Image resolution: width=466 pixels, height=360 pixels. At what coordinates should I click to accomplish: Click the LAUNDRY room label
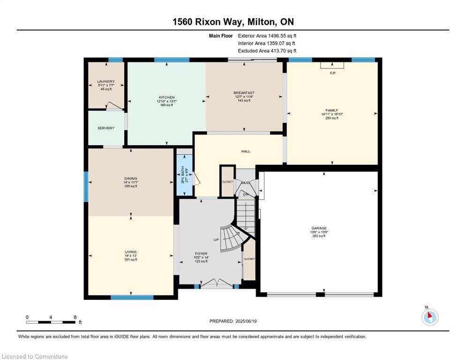click(106, 82)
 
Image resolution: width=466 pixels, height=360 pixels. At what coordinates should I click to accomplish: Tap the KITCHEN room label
click(166, 97)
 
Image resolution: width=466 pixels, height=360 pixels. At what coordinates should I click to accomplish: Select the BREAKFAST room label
click(244, 93)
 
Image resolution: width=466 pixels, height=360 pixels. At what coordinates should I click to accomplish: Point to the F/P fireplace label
click(332, 73)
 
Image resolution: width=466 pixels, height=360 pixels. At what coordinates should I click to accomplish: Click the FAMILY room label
click(332, 110)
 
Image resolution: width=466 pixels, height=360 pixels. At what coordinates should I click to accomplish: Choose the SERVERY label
click(106, 128)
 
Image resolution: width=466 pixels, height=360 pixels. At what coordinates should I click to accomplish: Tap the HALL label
click(246, 151)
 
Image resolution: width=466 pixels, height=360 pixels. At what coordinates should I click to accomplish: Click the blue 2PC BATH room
click(185, 174)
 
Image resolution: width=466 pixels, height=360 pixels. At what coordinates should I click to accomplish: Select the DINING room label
click(131, 178)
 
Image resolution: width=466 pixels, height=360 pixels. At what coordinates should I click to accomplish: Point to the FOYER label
click(201, 254)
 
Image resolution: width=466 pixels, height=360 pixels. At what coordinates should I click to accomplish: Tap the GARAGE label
click(319, 228)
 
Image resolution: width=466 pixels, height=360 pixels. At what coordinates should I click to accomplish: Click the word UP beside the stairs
click(216, 240)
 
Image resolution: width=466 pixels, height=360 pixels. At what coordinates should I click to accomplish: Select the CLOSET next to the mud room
click(227, 182)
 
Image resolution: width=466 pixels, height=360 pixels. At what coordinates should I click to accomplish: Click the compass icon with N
click(429, 317)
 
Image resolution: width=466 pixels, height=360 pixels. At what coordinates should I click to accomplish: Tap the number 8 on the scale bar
click(75, 317)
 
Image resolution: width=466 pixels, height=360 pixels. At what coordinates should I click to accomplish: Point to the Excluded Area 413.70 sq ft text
click(267, 51)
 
